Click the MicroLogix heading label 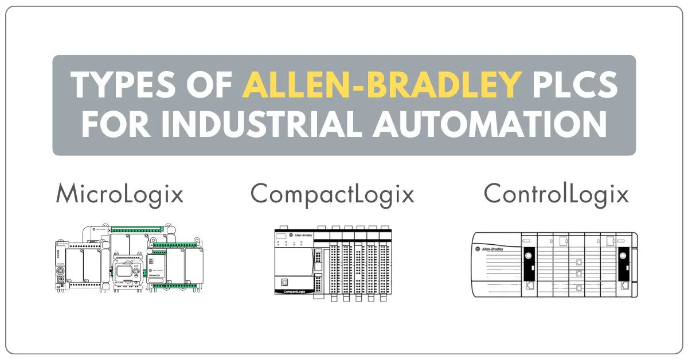tap(120, 194)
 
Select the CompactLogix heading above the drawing tap(333, 194)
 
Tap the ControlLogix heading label tap(556, 194)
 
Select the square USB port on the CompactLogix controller tap(284, 282)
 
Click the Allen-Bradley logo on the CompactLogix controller tap(300, 235)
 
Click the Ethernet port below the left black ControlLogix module tap(530, 284)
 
